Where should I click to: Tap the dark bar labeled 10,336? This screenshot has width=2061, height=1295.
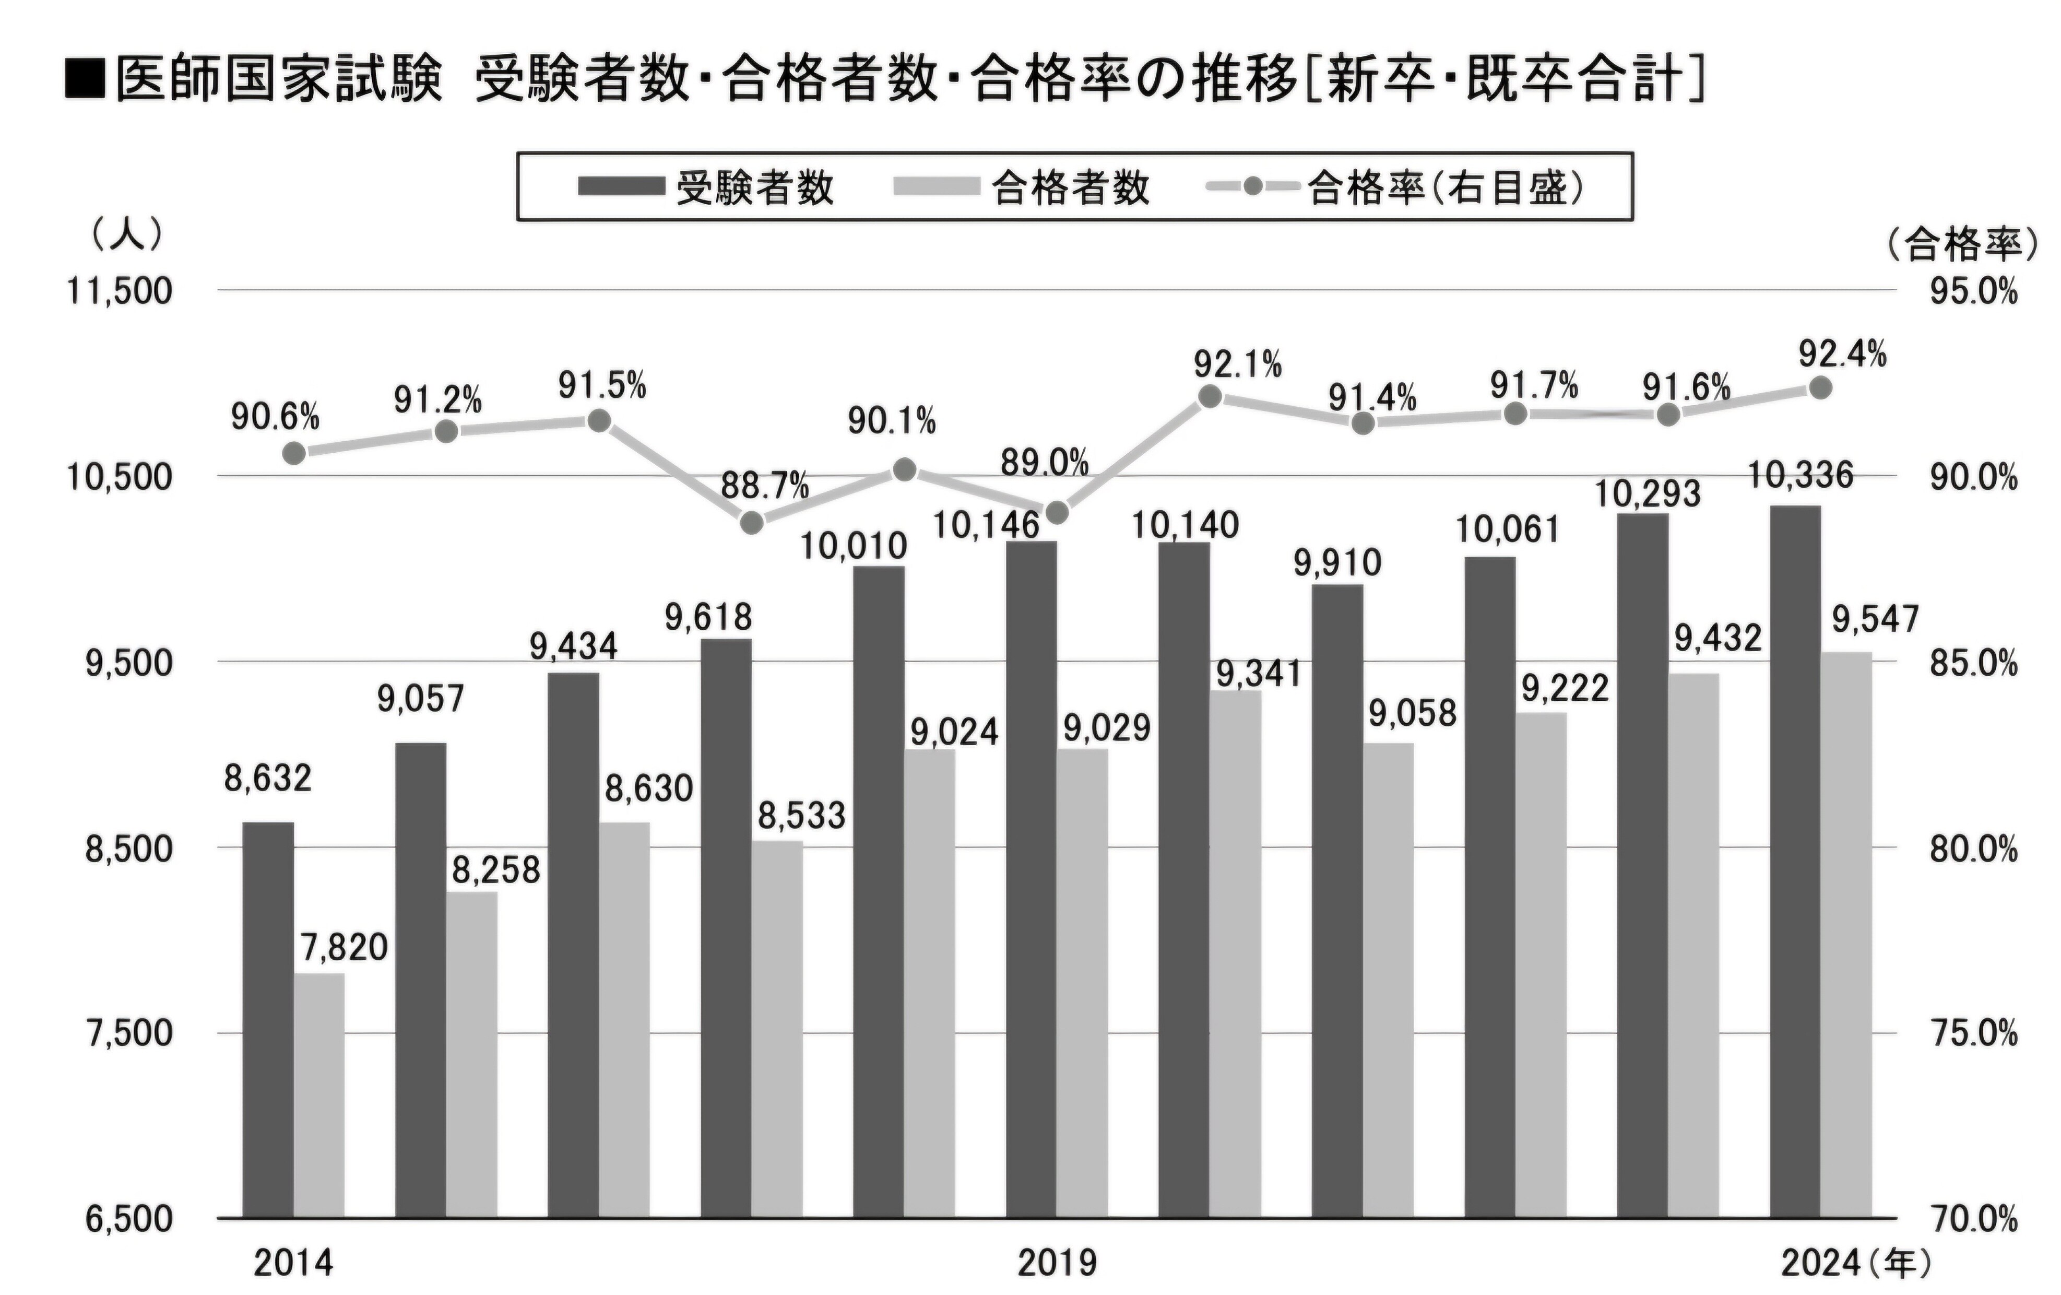pyautogui.click(x=1795, y=860)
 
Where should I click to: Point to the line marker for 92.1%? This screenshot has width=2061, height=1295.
pyautogui.click(x=1210, y=396)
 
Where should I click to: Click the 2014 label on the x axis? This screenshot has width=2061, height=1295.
pyautogui.click(x=293, y=1263)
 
